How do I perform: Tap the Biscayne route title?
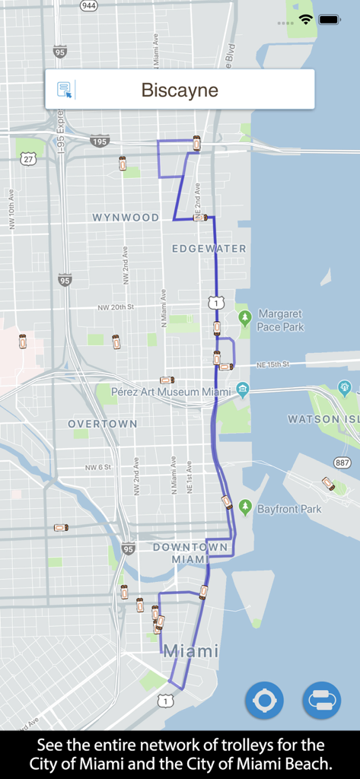(180, 91)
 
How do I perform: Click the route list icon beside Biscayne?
(65, 90)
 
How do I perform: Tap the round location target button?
(264, 700)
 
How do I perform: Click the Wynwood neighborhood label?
(126, 218)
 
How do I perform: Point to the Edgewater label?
(209, 249)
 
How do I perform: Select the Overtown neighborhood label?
(103, 424)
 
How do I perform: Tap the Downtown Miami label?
(190, 553)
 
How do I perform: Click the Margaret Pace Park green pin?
(244, 316)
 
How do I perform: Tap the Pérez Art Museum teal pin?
(243, 389)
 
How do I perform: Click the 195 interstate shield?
(100, 141)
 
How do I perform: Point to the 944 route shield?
(89, 5)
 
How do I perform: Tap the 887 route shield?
(342, 463)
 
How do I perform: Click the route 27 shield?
(29, 158)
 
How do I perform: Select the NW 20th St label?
(116, 307)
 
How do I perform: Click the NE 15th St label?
(272, 365)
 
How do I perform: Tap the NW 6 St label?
(97, 467)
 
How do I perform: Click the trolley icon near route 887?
(328, 483)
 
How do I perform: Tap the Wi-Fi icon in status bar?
(306, 19)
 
